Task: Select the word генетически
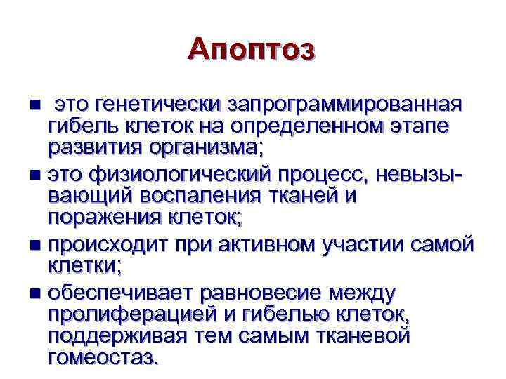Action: coord(160,105)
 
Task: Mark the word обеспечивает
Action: coord(121,291)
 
